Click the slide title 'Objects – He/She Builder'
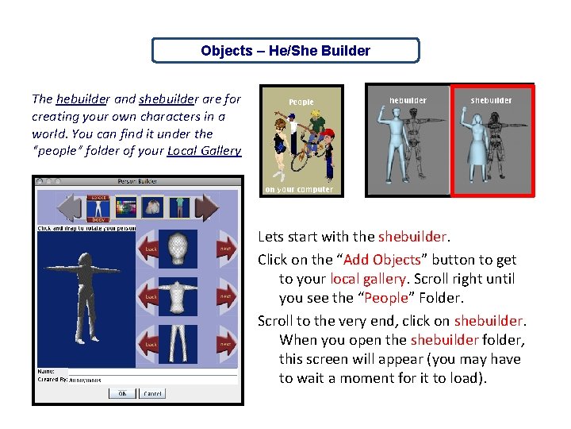tap(285, 51)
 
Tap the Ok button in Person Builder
tap(122, 393)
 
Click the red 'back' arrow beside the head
tap(151, 249)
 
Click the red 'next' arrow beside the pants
tap(225, 344)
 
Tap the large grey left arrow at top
tap(70, 208)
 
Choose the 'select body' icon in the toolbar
tap(99, 207)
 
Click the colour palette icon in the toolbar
tap(126, 208)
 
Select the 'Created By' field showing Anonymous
tap(151, 380)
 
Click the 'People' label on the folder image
tap(301, 102)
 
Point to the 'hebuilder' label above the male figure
tap(408, 101)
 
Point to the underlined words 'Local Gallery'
tap(205, 150)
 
